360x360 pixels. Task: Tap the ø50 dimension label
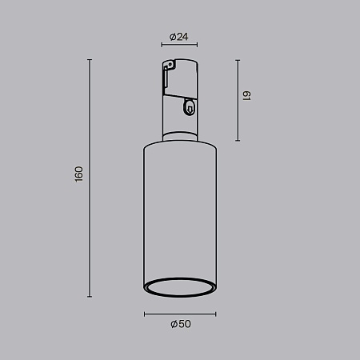(180, 323)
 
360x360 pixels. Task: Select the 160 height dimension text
(78, 174)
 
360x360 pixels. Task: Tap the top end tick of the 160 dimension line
(89, 58)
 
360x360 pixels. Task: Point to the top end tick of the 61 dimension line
(238, 58)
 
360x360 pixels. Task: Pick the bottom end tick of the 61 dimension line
(238, 140)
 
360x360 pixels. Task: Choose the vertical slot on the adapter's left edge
(165, 81)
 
